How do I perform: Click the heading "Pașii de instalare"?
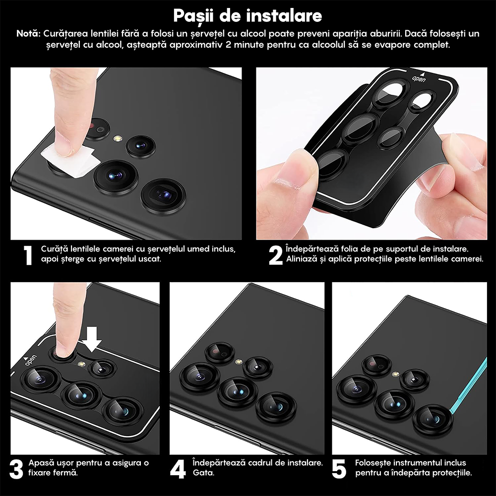pos(248,15)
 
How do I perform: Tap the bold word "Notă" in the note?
pos(28,34)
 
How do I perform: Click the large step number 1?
pos(28,255)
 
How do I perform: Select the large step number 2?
pos(275,255)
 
